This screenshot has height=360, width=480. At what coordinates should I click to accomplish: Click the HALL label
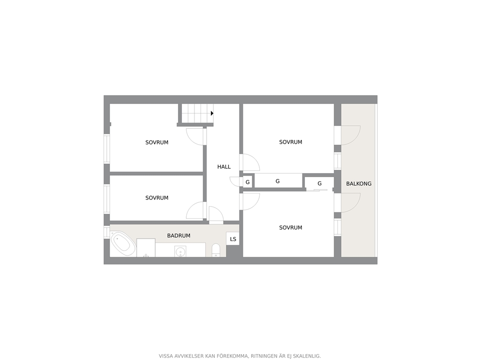224,167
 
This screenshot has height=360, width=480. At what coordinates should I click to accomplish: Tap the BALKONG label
359,184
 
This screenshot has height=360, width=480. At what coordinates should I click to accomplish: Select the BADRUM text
179,236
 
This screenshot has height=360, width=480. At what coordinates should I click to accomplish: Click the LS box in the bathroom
233,239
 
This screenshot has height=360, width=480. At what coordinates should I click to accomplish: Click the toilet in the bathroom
216,250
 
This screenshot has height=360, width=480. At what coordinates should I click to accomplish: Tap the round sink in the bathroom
180,251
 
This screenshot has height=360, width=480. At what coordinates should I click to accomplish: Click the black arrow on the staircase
212,113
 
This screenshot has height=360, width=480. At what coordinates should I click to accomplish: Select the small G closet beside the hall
248,181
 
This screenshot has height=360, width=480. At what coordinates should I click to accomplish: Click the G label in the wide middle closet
278,181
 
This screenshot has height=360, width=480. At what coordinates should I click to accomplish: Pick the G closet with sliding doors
319,183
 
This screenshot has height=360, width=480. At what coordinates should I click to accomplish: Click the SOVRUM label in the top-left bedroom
157,142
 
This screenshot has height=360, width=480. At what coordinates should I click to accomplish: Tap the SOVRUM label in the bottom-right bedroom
290,227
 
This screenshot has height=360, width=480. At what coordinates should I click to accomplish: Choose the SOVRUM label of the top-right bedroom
290,142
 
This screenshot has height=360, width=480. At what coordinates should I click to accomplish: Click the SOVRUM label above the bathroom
157,198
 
